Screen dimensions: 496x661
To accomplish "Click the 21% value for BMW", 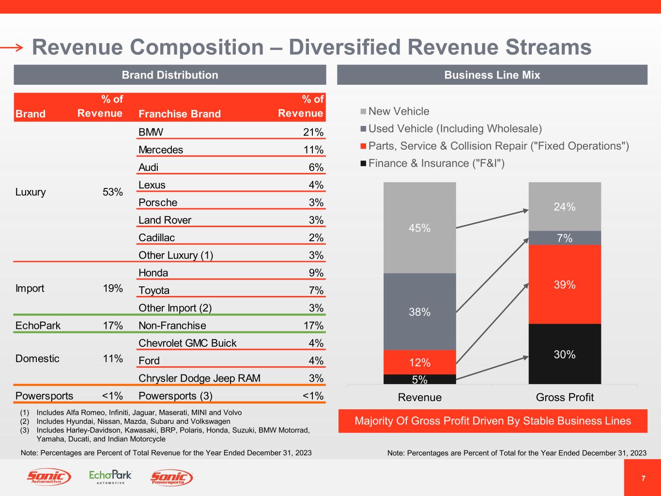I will pyautogui.click(x=313, y=132).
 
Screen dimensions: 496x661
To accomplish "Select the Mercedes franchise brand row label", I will pyautogui.click(x=161, y=150).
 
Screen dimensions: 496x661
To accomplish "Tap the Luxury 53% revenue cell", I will pyautogui.click(x=112, y=192).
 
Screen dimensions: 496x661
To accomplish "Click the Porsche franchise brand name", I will pyautogui.click(x=158, y=202).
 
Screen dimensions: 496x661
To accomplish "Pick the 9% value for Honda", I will pyautogui.click(x=316, y=273).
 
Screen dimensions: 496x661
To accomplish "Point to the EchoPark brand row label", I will pyautogui.click(x=38, y=325).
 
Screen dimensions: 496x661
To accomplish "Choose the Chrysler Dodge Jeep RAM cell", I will pyautogui.click(x=199, y=378).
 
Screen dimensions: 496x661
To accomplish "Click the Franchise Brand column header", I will pyautogui.click(x=179, y=114).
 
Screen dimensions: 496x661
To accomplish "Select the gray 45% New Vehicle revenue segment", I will pyautogui.click(x=419, y=228).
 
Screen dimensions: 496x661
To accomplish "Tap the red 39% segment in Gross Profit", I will pyautogui.click(x=565, y=284).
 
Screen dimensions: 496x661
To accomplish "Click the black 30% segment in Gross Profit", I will pyautogui.click(x=565, y=354).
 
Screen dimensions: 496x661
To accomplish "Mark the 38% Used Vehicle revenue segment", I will pyautogui.click(x=419, y=312).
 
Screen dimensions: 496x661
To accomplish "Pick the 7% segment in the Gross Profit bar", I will pyautogui.click(x=565, y=238).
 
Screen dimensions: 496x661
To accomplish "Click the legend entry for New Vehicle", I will pyautogui.click(x=399, y=111).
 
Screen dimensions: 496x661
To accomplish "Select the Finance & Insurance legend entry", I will pyautogui.click(x=436, y=163).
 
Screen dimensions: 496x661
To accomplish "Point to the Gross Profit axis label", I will pyautogui.click(x=565, y=397).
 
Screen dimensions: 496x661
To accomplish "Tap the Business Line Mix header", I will pyautogui.click(x=492, y=75).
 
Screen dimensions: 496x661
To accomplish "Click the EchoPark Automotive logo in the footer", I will pyautogui.click(x=110, y=477).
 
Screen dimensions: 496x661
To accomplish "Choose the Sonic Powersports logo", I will pyautogui.click(x=172, y=478).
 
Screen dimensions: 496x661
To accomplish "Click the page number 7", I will pyautogui.click(x=643, y=478).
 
